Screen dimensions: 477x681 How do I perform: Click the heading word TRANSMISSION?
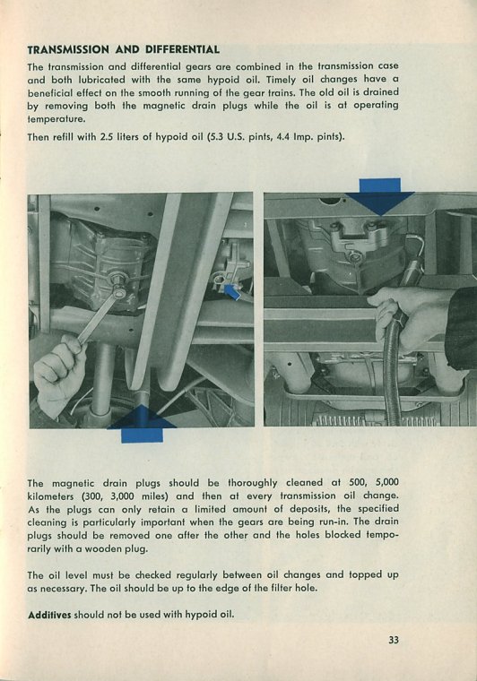tap(68, 49)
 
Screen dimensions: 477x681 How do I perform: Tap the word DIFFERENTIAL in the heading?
tap(182, 49)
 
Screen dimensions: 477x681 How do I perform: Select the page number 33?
tap(394, 640)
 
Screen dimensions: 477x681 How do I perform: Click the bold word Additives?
tap(49, 615)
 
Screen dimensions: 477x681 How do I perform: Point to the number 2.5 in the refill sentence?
tap(107, 137)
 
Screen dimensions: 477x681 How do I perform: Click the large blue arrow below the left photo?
tap(142, 425)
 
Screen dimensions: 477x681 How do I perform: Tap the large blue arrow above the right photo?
tap(380, 196)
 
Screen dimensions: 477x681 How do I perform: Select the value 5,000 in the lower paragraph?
tap(386, 482)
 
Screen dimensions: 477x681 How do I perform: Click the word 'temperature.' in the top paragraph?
tap(56, 118)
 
